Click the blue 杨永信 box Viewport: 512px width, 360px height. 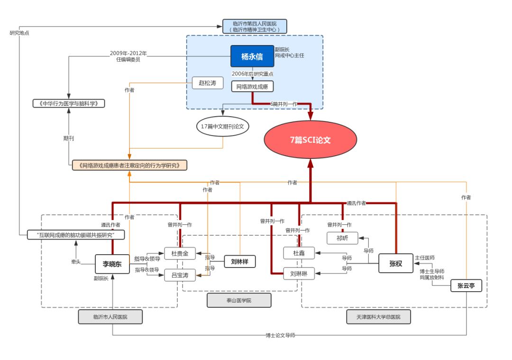coord(252,56)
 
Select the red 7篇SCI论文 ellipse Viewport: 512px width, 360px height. coord(310,140)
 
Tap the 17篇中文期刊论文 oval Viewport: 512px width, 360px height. coord(223,127)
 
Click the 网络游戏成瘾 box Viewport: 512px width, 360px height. coord(252,86)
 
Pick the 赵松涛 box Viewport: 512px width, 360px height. coord(207,83)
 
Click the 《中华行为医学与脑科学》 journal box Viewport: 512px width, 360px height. coord(69,103)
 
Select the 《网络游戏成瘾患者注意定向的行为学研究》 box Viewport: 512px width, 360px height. coord(129,166)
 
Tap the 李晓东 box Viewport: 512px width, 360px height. coord(112,264)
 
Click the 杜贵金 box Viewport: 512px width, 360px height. coord(180,254)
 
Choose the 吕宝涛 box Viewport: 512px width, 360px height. coord(180,275)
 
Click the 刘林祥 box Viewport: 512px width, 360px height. coord(240,261)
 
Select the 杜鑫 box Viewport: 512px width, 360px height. coord(299,253)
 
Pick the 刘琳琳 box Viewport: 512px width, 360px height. coord(299,274)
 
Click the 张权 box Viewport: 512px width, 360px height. coord(396,263)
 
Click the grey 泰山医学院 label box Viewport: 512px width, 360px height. coord(239,300)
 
